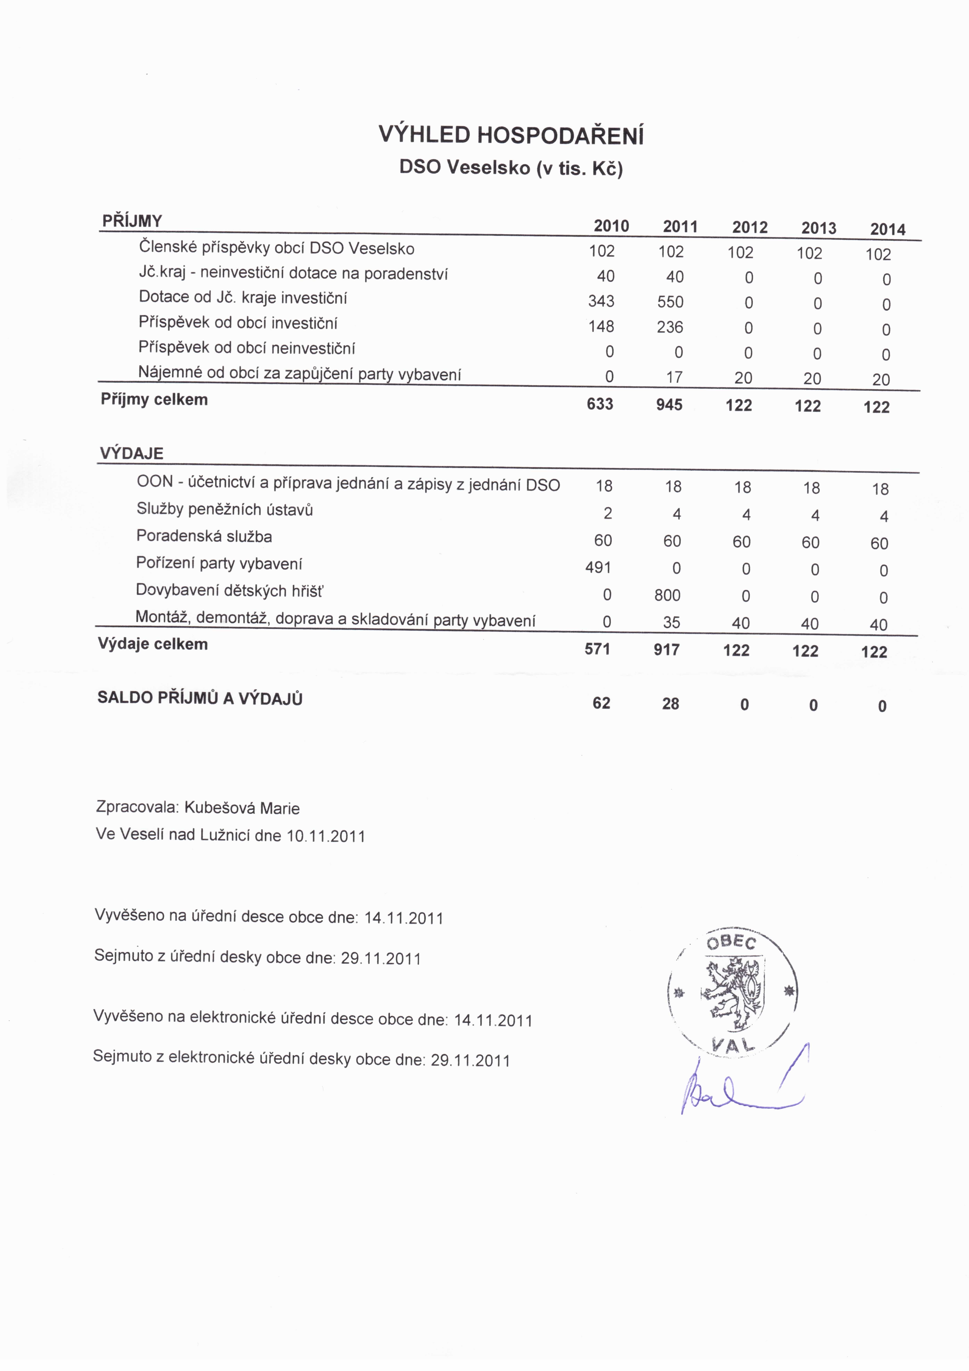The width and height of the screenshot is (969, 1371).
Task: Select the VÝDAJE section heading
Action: pyautogui.click(x=131, y=453)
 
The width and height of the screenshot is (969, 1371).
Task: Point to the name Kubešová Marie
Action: pyautogui.click(x=242, y=809)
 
